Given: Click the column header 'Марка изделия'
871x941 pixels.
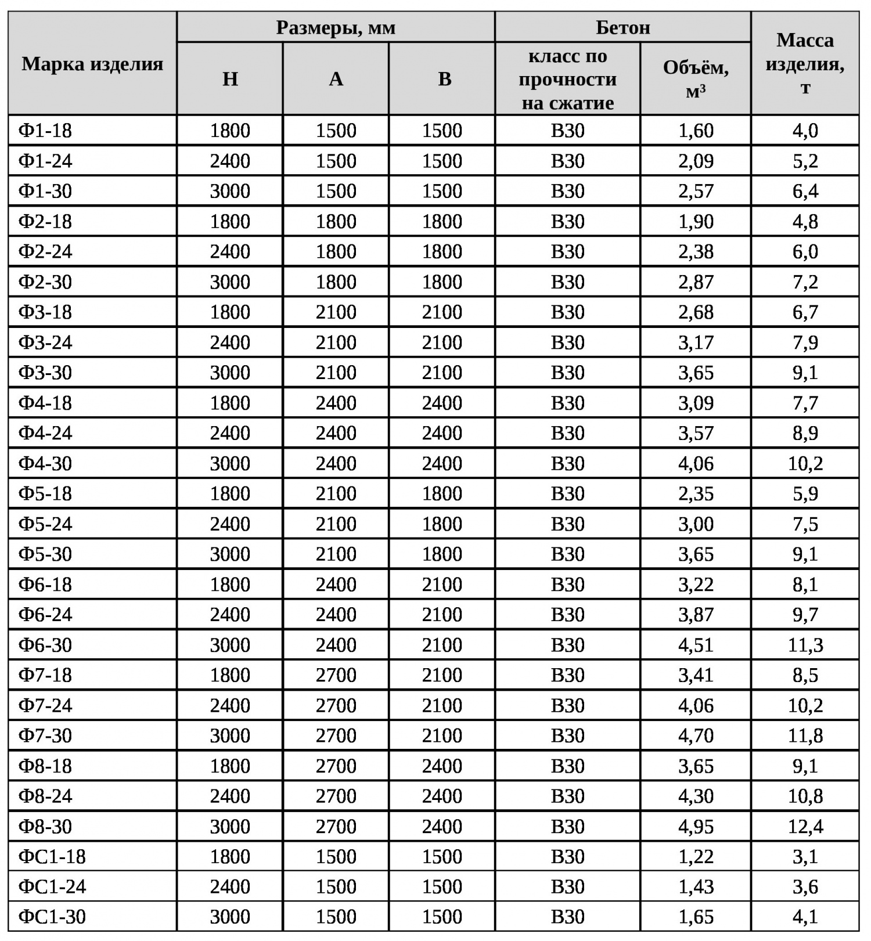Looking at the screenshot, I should pyautogui.click(x=92, y=63).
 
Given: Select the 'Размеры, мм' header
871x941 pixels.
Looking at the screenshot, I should pyautogui.click(x=336, y=27).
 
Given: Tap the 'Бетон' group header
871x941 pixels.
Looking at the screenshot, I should pyautogui.click(x=622, y=27).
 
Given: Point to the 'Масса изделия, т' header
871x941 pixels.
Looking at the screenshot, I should pyautogui.click(x=805, y=63).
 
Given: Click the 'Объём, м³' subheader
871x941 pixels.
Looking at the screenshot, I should pyautogui.click(x=696, y=79).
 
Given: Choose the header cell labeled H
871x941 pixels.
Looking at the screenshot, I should pyautogui.click(x=230, y=79).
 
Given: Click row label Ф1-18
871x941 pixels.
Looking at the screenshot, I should pyautogui.click(x=45, y=131).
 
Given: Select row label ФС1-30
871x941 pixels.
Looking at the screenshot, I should pyautogui.click(x=52, y=917).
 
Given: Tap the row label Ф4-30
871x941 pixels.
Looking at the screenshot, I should pyautogui.click(x=45, y=463).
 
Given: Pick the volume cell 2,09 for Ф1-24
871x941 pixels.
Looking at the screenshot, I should pyautogui.click(x=696, y=161).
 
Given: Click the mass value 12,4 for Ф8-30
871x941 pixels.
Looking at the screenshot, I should pyautogui.click(x=805, y=826).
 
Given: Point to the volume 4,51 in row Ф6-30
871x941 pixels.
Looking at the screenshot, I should pyautogui.click(x=696, y=645).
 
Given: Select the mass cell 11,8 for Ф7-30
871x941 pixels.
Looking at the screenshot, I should pyautogui.click(x=805, y=736).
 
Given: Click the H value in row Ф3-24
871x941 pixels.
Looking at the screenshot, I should pyautogui.click(x=230, y=342).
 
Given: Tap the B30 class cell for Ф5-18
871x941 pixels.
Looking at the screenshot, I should pyautogui.click(x=567, y=493).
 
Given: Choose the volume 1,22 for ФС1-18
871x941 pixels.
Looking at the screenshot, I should pyautogui.click(x=696, y=856).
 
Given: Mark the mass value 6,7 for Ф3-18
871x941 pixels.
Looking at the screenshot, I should pyautogui.click(x=805, y=312).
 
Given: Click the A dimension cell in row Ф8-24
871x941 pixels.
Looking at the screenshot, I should pyautogui.click(x=336, y=796).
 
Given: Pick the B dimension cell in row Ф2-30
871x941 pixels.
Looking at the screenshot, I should pyautogui.click(x=442, y=282).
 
